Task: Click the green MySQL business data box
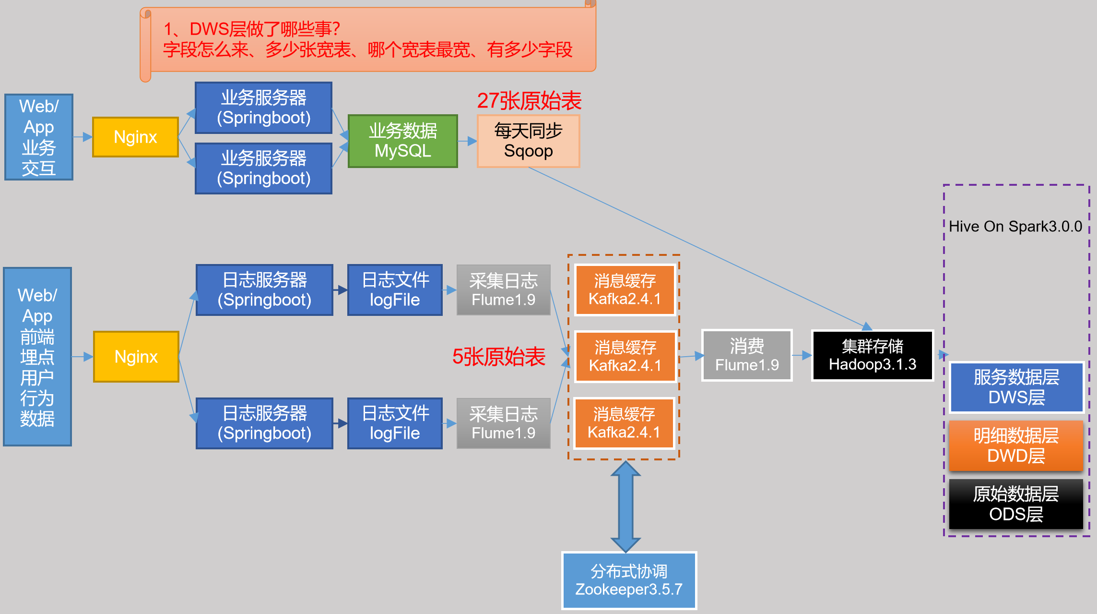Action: (402, 141)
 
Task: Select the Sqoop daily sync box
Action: (528, 141)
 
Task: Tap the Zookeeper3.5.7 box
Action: (629, 580)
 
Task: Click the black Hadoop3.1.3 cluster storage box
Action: (872, 355)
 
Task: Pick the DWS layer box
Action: (1016, 387)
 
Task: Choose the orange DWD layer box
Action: (1016, 445)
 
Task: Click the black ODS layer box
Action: (1016, 504)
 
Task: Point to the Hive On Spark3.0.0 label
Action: (1015, 226)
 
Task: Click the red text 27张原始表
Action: (529, 101)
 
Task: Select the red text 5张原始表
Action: (498, 357)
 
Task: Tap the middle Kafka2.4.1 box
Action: (625, 356)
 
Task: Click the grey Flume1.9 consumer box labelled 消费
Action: (746, 355)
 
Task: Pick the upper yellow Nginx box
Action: (135, 137)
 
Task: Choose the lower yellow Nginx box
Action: (136, 357)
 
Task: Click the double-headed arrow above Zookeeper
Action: (625, 506)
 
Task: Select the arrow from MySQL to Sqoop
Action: (467, 141)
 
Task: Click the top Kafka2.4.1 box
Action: (625, 289)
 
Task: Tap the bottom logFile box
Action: (395, 423)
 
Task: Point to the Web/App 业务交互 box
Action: (39, 137)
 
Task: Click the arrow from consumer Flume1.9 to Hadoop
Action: (802, 355)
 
